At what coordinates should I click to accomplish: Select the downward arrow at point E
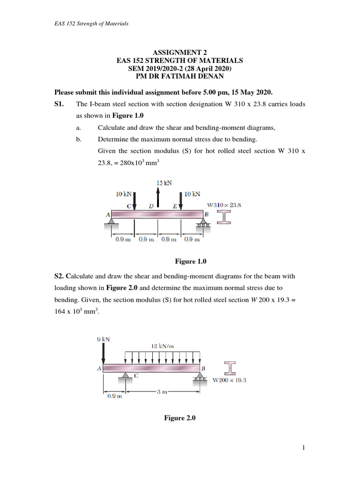coord(181,201)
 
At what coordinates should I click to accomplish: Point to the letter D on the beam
coord(151,206)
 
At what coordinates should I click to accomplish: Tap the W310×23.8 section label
coord(224,205)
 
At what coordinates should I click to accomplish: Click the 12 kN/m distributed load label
coord(162,345)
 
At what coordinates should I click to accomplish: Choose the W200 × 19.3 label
coord(229,380)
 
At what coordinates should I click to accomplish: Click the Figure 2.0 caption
coord(180,418)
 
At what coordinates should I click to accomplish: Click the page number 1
coord(304,448)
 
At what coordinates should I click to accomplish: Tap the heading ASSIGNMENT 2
coord(180,53)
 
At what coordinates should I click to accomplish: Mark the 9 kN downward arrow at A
coord(103,353)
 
